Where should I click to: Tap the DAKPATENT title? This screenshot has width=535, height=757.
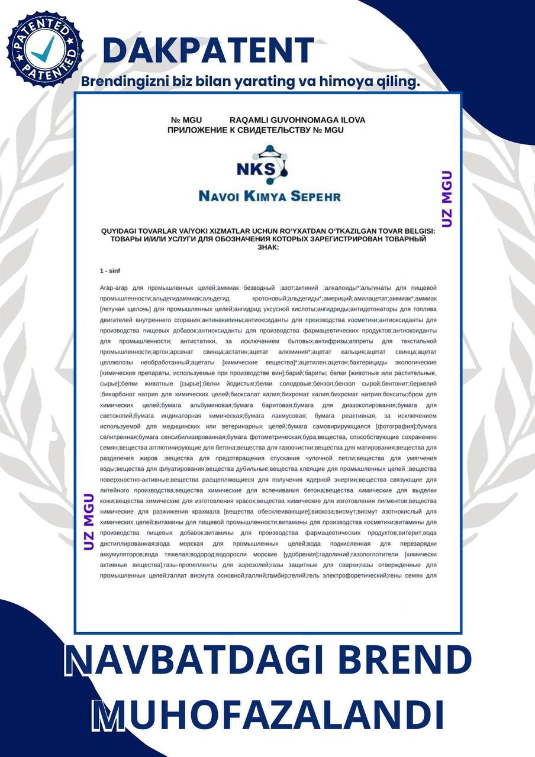[208, 50]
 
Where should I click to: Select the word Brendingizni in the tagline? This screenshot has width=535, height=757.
[121, 82]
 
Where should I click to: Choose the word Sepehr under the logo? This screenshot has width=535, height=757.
[315, 196]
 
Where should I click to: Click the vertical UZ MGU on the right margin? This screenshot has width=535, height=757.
[447, 199]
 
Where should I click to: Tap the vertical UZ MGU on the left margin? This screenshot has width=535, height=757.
[89, 521]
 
